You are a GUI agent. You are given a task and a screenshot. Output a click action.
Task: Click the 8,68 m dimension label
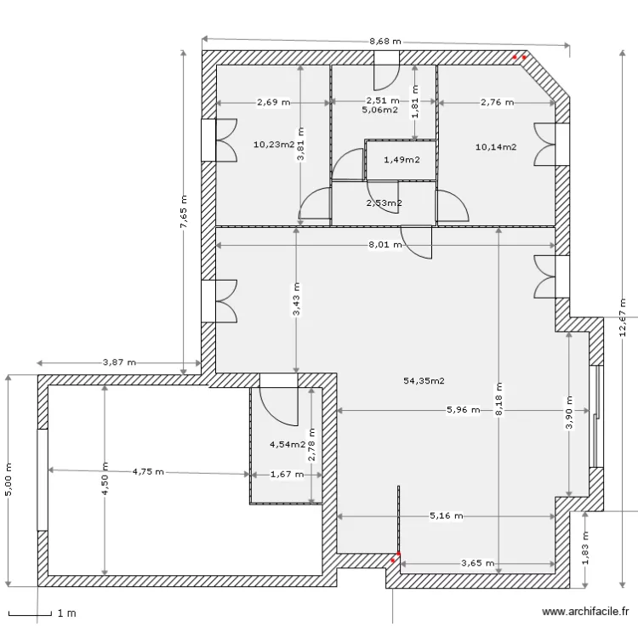pos(385,41)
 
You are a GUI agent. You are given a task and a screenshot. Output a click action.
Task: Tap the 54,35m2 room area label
pos(424,381)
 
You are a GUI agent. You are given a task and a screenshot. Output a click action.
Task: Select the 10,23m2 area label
pos(273,144)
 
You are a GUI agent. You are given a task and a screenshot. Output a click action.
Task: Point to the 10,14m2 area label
pos(496,146)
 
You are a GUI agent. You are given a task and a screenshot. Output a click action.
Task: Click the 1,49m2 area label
pos(401,160)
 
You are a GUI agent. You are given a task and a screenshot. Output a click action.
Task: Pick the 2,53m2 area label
pos(384,203)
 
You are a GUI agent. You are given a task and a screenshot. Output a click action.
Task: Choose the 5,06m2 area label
pos(379,110)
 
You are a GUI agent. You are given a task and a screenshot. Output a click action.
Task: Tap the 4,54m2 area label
pos(287,444)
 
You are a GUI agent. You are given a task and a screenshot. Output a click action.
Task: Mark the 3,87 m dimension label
pos(119,362)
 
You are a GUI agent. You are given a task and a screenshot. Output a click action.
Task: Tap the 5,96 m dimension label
pos(463,410)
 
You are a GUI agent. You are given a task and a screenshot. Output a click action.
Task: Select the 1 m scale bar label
pos(66,612)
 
